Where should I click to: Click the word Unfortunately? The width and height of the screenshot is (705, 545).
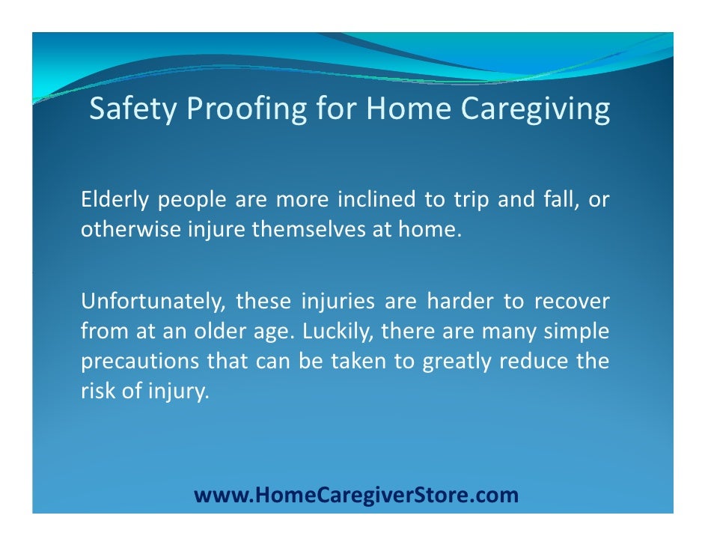click(x=153, y=303)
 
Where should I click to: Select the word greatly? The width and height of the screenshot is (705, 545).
click(x=457, y=362)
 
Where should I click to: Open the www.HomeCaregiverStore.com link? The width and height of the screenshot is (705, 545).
click(x=355, y=495)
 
